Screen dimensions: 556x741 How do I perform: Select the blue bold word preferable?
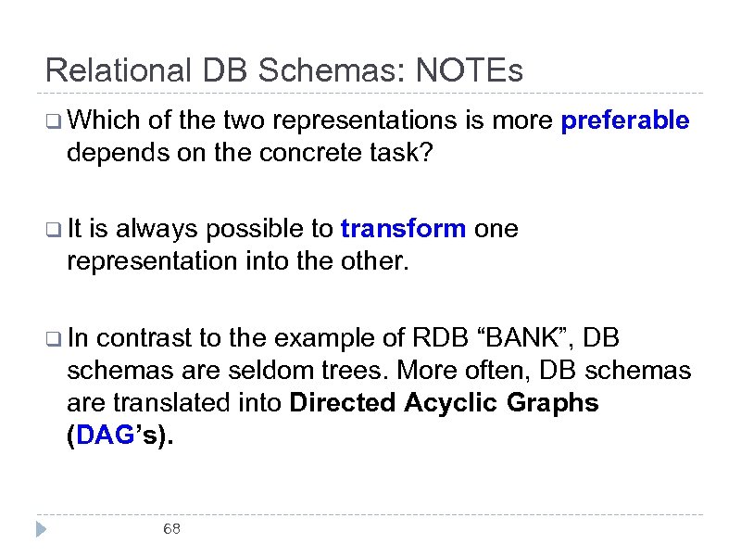pyautogui.click(x=625, y=120)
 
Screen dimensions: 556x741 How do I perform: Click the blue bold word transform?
pyautogui.click(x=403, y=229)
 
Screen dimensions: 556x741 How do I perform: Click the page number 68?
pyautogui.click(x=171, y=529)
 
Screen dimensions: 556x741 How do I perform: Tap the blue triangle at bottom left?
pyautogui.click(x=41, y=530)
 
